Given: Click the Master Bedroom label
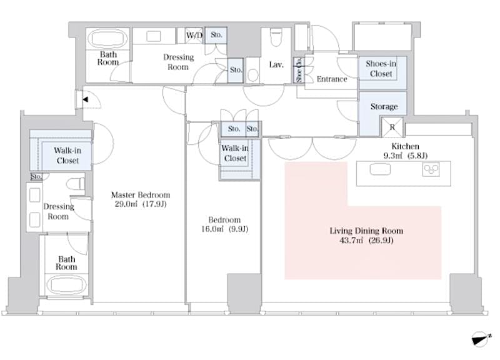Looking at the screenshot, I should (140, 194).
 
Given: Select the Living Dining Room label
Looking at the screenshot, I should (362, 231).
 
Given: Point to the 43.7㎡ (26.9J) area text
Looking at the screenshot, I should (362, 241).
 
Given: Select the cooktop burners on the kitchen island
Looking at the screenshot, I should (431, 169).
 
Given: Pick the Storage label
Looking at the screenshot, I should (384, 107).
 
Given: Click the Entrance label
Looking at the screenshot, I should (332, 79).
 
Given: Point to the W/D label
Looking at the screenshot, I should (194, 35).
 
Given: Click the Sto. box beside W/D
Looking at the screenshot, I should (216, 35).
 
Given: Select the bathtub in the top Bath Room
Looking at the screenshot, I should (107, 38).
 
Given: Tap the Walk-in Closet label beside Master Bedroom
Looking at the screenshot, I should (66, 155).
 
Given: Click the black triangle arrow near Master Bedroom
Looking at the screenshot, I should (86, 99).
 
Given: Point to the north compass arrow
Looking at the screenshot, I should (479, 338).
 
